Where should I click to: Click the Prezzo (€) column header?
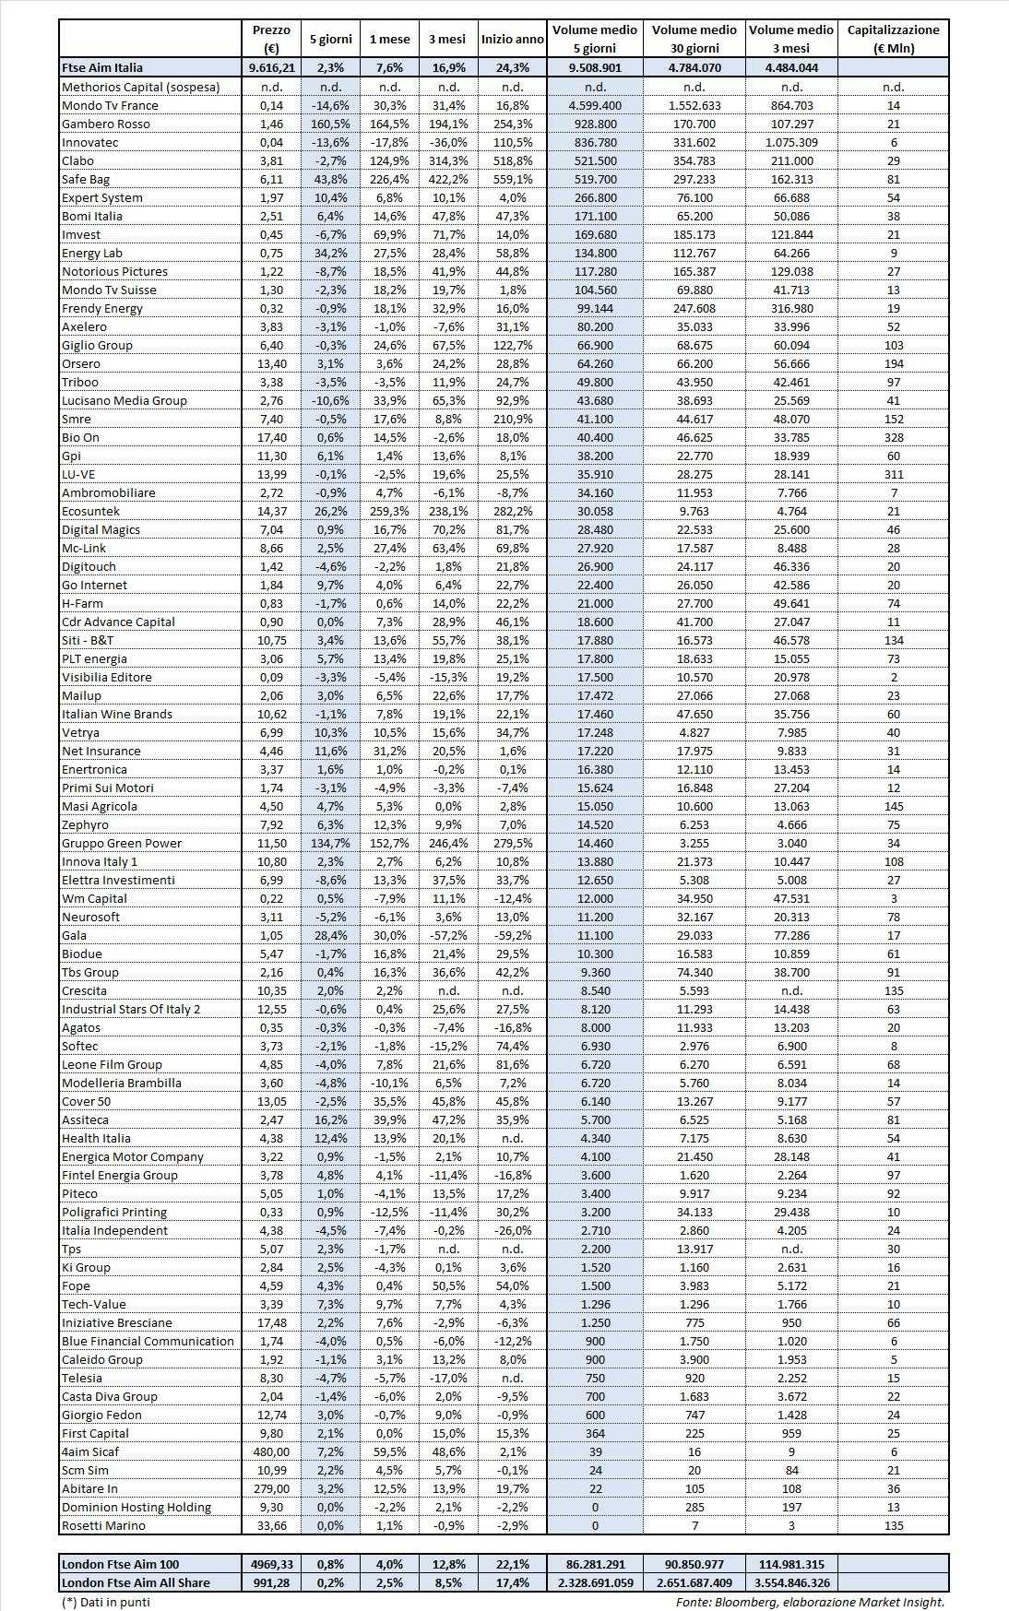(271, 39)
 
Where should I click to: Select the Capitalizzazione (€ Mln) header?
(893, 39)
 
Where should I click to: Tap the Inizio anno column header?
(512, 40)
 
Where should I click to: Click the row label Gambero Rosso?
(105, 124)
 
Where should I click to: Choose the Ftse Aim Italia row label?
(102, 67)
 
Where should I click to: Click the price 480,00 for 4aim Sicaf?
(271, 1451)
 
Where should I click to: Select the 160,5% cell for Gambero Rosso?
(329, 124)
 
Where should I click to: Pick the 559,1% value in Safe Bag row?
(513, 179)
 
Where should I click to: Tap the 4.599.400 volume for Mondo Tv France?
(595, 105)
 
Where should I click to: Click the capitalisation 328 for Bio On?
(893, 437)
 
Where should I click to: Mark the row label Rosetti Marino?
(103, 1525)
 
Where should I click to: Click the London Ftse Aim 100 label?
(120, 1564)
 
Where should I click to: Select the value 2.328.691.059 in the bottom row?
(595, 1582)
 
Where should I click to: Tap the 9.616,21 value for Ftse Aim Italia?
(271, 67)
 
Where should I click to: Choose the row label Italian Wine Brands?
(117, 714)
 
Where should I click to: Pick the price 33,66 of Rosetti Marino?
(271, 1525)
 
